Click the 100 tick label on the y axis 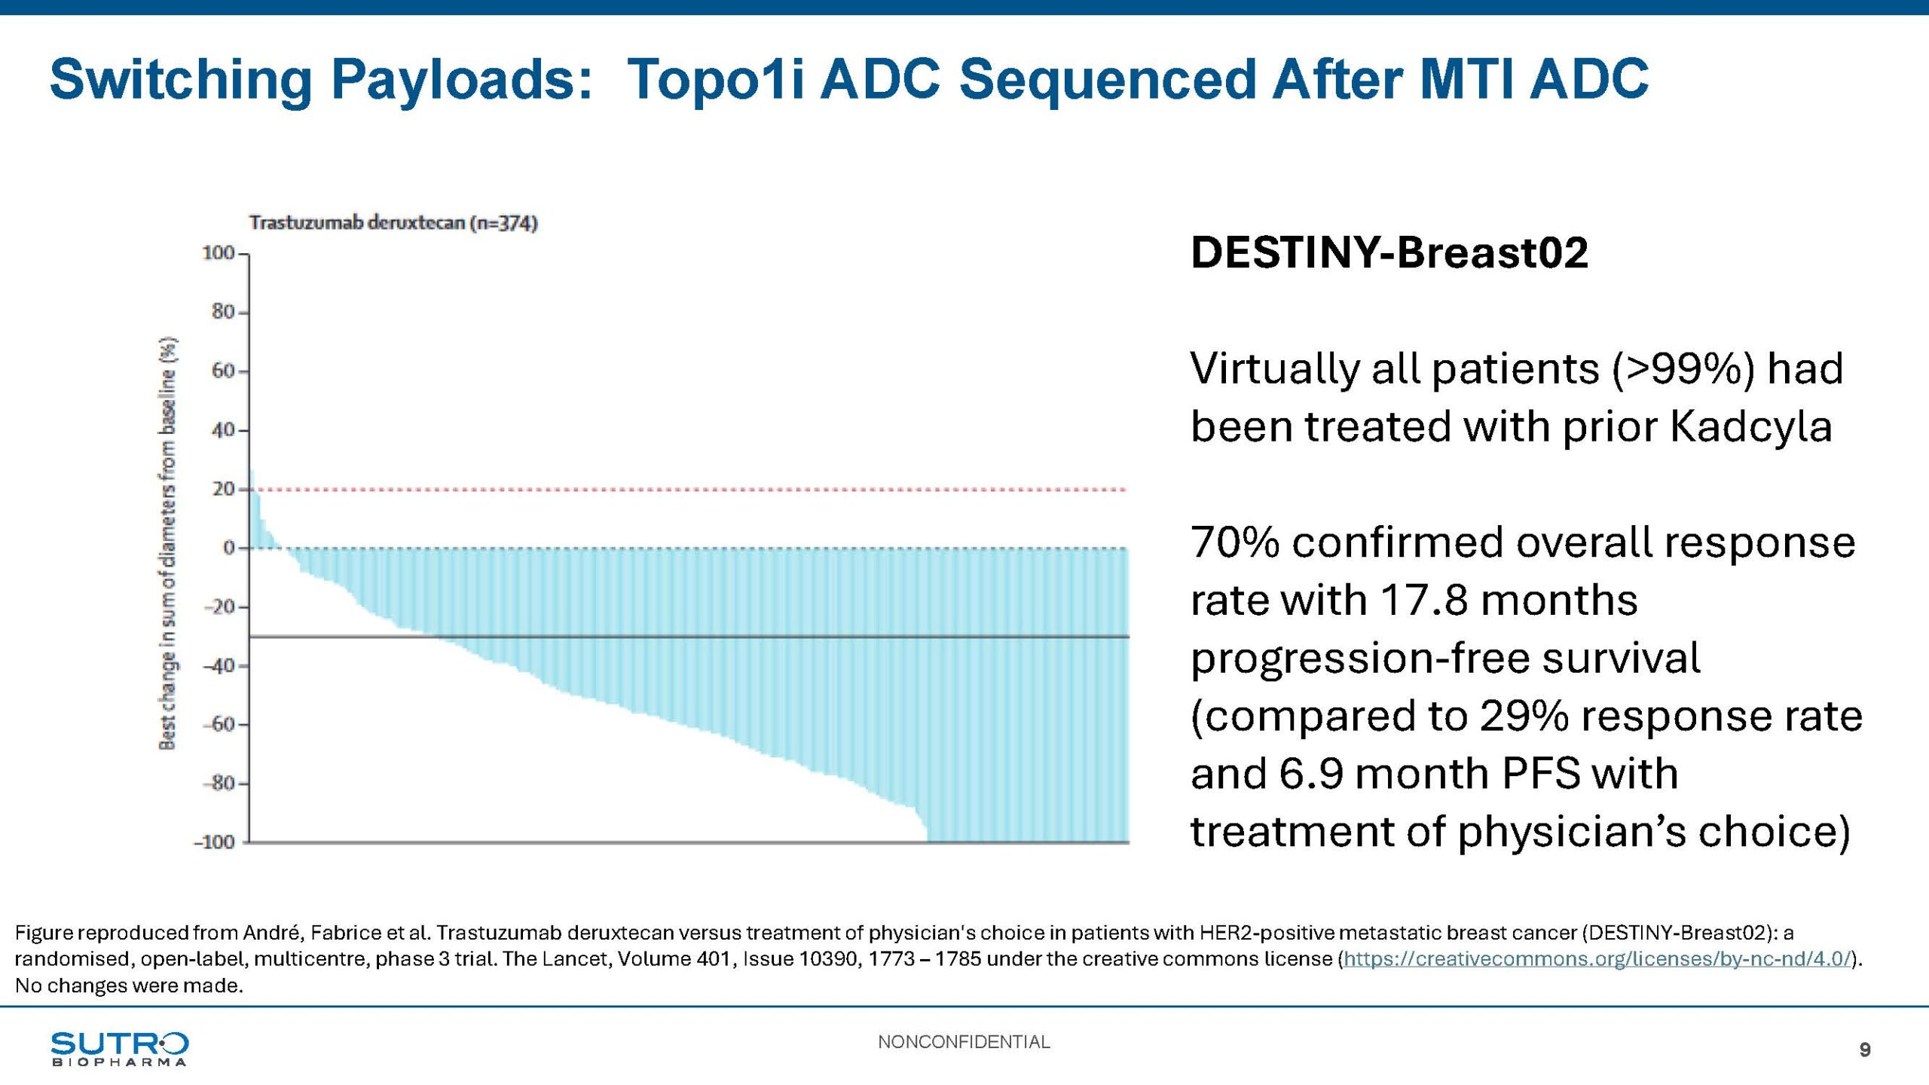click(219, 253)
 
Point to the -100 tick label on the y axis click(215, 842)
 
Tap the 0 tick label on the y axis click(229, 548)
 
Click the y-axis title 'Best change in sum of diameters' click(168, 542)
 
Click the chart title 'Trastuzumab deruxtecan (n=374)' click(393, 223)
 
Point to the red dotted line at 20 click(678, 490)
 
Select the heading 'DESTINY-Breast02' click(1389, 252)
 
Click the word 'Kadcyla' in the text click(1750, 427)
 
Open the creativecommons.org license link click(1597, 959)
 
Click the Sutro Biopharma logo click(119, 1049)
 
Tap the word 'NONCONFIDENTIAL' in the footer click(964, 1042)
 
